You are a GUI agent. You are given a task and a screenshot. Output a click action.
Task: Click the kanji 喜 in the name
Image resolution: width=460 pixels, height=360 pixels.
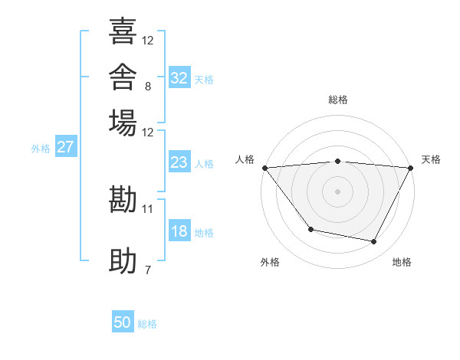click(x=123, y=31)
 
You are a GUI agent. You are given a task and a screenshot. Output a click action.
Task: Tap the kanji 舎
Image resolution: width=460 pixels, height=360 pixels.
click(x=123, y=77)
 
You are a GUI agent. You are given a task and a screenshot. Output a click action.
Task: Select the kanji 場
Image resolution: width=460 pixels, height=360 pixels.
click(x=123, y=123)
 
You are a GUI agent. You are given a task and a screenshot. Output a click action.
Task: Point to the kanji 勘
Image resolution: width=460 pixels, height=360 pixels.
click(x=123, y=199)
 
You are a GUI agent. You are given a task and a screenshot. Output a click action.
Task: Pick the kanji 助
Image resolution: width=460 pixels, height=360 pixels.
click(x=123, y=260)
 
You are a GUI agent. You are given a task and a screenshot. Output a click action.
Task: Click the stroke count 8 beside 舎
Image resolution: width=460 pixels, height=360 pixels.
click(x=148, y=87)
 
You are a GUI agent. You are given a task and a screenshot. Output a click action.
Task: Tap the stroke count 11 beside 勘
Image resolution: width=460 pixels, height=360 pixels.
click(x=147, y=209)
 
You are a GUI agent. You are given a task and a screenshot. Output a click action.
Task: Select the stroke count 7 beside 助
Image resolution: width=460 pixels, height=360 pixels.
click(x=148, y=270)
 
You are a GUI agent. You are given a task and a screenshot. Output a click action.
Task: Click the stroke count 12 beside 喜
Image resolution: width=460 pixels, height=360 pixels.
click(x=147, y=41)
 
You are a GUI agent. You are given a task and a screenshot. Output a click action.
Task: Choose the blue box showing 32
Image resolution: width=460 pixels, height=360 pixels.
click(x=179, y=77)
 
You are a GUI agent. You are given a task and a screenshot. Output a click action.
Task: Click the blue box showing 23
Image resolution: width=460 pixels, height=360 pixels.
click(x=179, y=162)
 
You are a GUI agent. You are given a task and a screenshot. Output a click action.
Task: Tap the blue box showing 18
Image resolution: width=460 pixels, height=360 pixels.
click(x=179, y=230)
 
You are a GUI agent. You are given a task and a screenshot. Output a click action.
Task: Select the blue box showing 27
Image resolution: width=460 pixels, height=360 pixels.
click(x=66, y=146)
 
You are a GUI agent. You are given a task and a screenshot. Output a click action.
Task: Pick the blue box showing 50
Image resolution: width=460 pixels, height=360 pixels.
click(x=123, y=321)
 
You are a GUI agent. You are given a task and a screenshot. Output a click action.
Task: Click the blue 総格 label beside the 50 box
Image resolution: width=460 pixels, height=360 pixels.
click(x=147, y=324)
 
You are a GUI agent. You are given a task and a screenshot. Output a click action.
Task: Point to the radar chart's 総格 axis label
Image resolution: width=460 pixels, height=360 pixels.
click(x=338, y=100)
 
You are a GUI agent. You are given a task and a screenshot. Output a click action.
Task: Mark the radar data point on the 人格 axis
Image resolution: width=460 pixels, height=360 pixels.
click(x=265, y=168)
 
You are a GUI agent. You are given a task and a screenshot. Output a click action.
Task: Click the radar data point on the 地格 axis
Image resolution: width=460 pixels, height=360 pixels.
click(x=374, y=241)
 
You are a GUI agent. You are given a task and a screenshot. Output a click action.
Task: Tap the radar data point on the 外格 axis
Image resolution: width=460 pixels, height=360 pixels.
click(x=311, y=229)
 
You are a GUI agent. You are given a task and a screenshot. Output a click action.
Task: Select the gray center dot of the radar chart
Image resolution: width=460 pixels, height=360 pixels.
click(x=337, y=191)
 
